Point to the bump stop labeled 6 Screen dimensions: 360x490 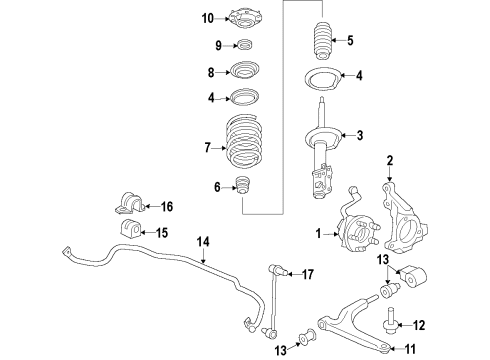coord(240,187)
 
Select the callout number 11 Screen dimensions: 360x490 coord(409,349)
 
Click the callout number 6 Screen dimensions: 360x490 coord(217,187)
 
